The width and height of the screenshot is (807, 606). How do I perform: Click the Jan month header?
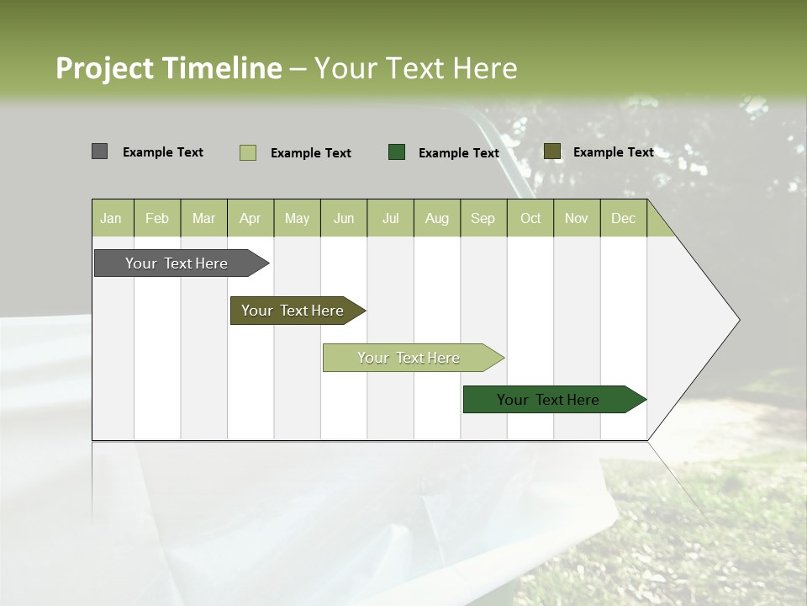click(x=111, y=219)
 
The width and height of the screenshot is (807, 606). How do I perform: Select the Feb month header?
click(x=157, y=219)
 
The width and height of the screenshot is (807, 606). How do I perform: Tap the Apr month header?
click(x=250, y=219)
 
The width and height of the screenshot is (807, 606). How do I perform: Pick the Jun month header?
click(x=344, y=219)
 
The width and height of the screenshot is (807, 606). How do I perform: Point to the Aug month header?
click(x=436, y=219)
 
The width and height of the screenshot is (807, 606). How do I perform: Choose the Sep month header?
click(x=483, y=219)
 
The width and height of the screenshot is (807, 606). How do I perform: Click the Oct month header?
click(x=530, y=219)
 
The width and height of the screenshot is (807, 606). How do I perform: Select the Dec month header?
click(x=623, y=219)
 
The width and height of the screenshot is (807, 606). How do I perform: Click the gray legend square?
click(x=99, y=151)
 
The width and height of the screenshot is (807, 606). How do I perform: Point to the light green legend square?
click(x=247, y=152)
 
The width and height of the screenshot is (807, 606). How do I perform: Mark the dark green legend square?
click(x=397, y=151)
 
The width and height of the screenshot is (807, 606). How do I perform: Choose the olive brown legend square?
click(x=551, y=151)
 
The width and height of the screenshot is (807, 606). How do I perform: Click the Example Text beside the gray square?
click(x=163, y=152)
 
